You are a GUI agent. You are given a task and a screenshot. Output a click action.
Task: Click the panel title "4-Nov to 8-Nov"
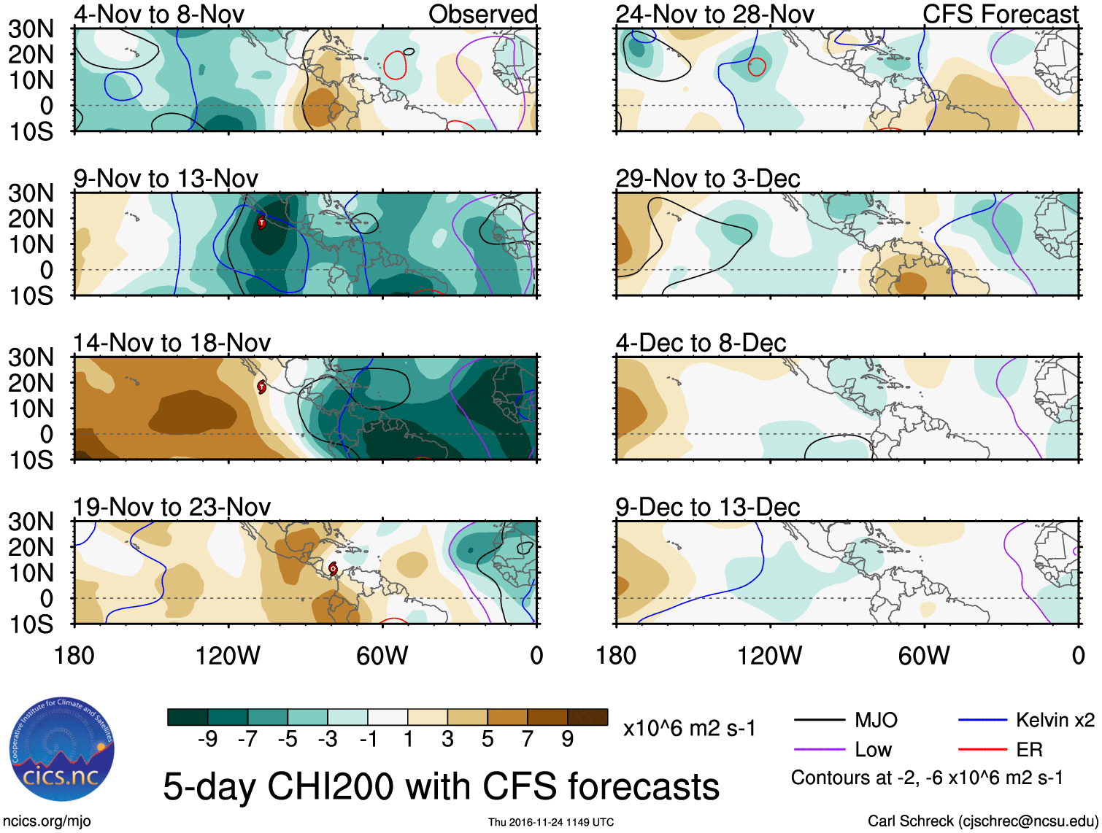[x=159, y=14]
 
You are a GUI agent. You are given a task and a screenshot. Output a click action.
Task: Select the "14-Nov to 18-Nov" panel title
[x=172, y=343]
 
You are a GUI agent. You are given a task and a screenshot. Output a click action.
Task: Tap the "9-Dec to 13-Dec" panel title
[x=707, y=507]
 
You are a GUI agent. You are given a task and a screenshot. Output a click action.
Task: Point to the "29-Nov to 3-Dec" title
[x=707, y=179]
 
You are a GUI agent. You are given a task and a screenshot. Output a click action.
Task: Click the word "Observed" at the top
[x=482, y=14]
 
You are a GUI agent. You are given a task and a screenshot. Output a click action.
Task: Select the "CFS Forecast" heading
[x=1000, y=14]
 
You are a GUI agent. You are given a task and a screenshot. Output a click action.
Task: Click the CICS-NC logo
[x=61, y=749]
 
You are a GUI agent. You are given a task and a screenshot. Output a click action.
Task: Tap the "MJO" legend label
[x=876, y=721]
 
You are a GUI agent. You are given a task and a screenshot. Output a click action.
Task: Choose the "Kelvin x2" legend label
[x=1055, y=721]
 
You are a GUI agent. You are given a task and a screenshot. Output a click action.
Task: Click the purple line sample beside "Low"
[x=820, y=749]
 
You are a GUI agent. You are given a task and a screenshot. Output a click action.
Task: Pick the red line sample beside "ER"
[x=982, y=749]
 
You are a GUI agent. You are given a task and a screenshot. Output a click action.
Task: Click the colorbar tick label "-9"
[x=208, y=739]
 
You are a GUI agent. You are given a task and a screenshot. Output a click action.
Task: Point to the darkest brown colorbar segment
[x=587, y=717]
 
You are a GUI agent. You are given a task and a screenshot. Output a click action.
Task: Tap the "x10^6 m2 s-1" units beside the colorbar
[x=689, y=729]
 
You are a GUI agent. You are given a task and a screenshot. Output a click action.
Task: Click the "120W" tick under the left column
[x=228, y=656]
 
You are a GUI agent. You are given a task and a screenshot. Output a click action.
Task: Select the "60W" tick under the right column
[x=924, y=656]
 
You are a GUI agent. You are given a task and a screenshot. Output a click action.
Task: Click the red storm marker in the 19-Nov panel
[x=333, y=568]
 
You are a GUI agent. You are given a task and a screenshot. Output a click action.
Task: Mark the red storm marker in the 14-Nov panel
[x=261, y=387]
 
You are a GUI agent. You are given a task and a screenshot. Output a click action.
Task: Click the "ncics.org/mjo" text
[x=47, y=821]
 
